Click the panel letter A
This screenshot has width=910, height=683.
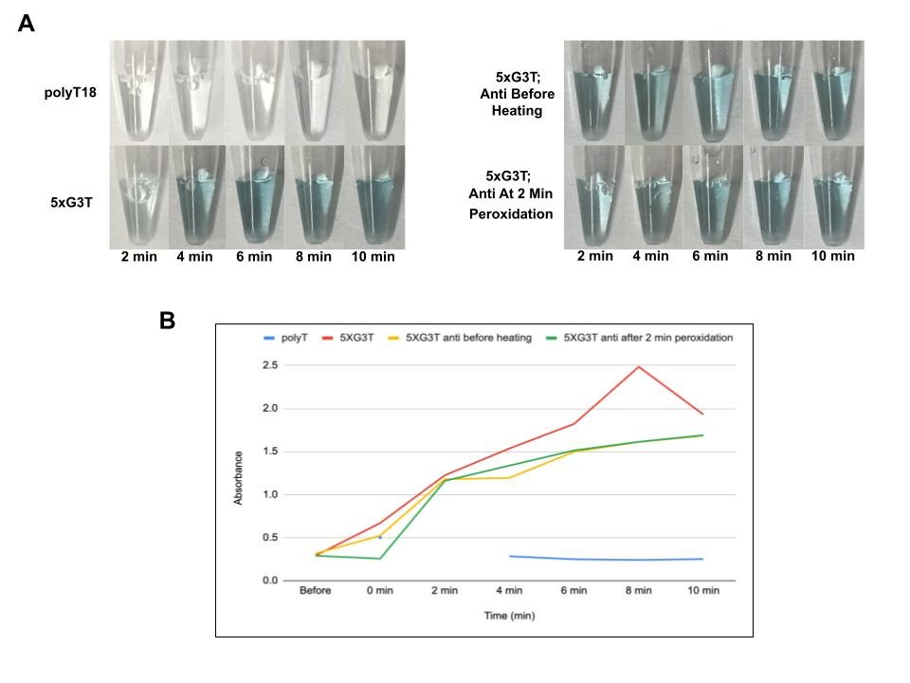point(27,24)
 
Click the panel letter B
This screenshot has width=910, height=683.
point(167,321)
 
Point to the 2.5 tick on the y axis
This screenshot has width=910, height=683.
point(271,365)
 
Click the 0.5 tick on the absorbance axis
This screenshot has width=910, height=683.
point(271,538)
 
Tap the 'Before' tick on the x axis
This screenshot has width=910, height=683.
point(315,591)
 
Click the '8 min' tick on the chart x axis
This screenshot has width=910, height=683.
point(639,591)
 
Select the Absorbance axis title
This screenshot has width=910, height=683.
point(240,477)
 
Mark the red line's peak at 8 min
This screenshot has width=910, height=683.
point(639,367)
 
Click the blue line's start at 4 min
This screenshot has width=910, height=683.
point(509,556)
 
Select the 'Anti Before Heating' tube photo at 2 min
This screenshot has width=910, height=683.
point(592,92)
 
